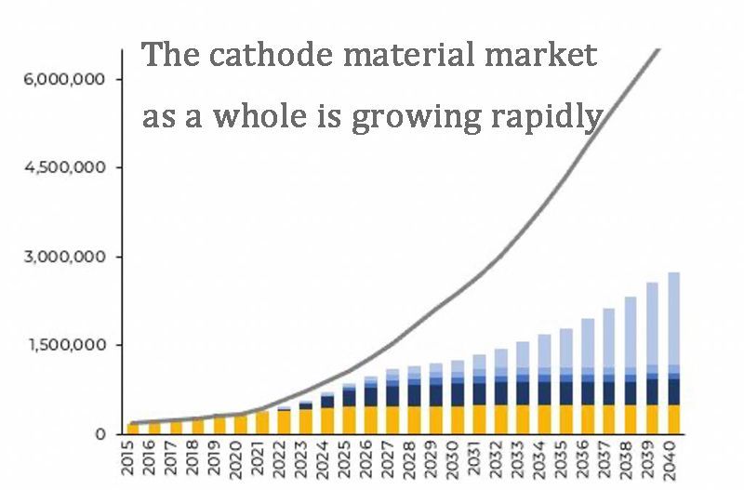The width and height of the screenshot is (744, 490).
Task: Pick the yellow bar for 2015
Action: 133,429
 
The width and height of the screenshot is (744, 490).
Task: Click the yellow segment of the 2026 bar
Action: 370,419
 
